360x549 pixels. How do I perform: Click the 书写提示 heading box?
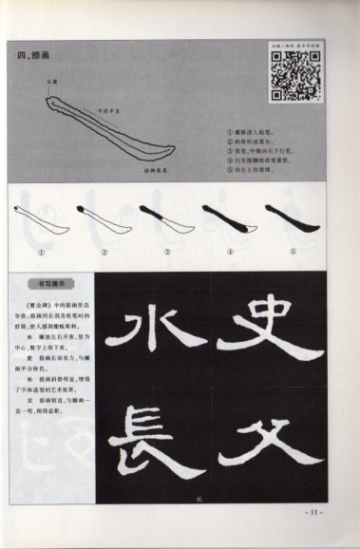(x=47, y=282)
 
